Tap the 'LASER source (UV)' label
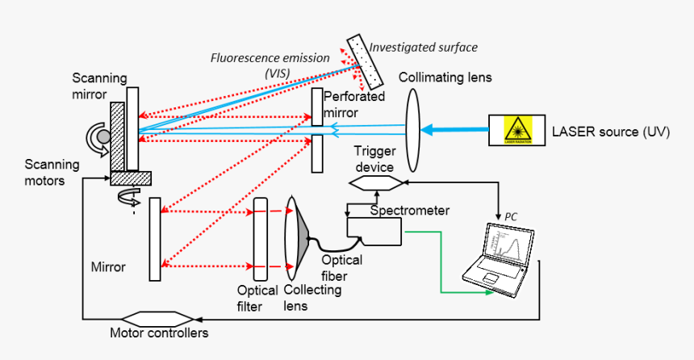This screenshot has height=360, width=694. click(x=610, y=131)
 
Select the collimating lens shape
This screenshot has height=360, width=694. click(x=413, y=130)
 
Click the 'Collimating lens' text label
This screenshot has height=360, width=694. click(x=445, y=77)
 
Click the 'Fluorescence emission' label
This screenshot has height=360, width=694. click(x=270, y=58)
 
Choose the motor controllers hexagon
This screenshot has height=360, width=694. click(x=157, y=317)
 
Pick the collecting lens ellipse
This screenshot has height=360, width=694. click(x=291, y=238)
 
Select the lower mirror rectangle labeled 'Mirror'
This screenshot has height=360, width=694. click(x=155, y=239)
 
